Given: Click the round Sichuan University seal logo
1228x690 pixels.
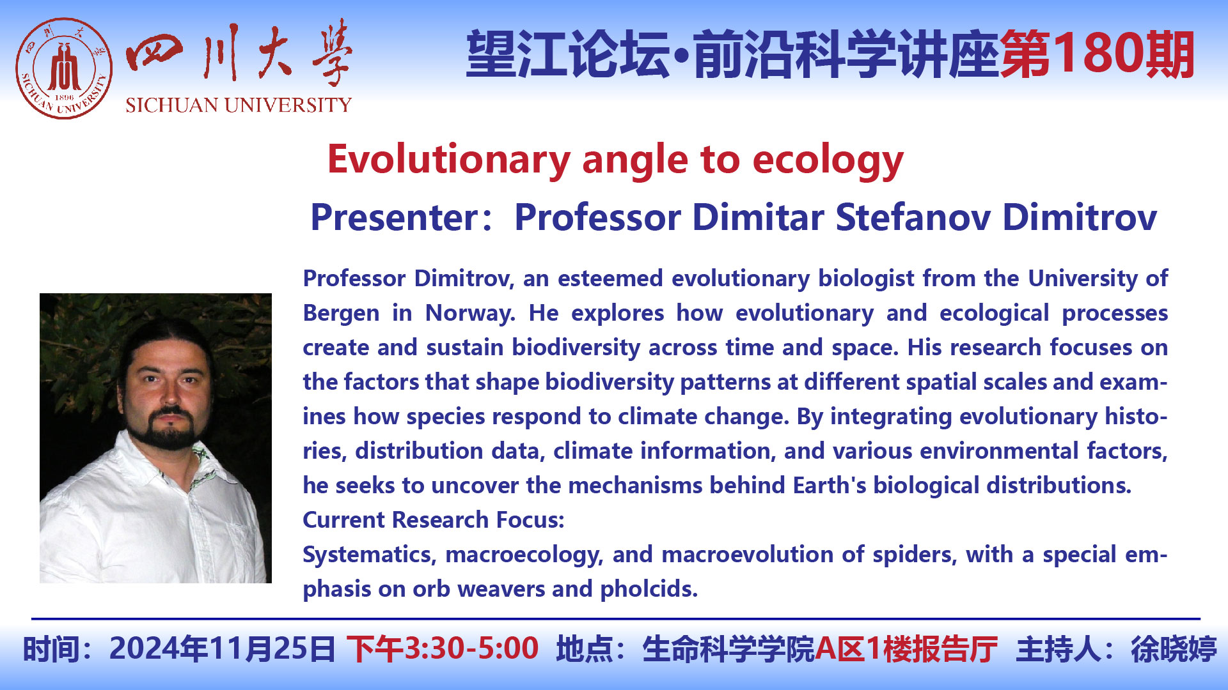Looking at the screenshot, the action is point(64,68).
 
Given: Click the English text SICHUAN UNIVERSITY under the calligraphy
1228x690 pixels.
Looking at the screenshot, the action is point(239,105).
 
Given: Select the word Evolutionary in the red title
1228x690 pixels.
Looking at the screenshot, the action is point(448,160).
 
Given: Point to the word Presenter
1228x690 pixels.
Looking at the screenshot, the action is point(394,217).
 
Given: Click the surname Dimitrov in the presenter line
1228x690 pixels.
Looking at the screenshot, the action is point(1080,217).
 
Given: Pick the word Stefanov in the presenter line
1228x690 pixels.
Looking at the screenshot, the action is point(913,217).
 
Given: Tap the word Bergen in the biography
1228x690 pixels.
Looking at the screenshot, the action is point(341,314).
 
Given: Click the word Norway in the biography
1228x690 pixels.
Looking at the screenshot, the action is point(469,314).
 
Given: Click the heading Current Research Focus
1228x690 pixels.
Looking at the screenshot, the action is point(434,520).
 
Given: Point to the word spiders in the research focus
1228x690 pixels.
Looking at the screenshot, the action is point(915,555).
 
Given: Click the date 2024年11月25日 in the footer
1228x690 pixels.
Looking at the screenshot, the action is point(222,648).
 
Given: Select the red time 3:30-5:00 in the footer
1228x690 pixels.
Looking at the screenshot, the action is point(471,648).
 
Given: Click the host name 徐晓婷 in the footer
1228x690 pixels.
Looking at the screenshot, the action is point(1174,649).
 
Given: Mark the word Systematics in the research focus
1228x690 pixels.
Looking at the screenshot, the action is point(369,555).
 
